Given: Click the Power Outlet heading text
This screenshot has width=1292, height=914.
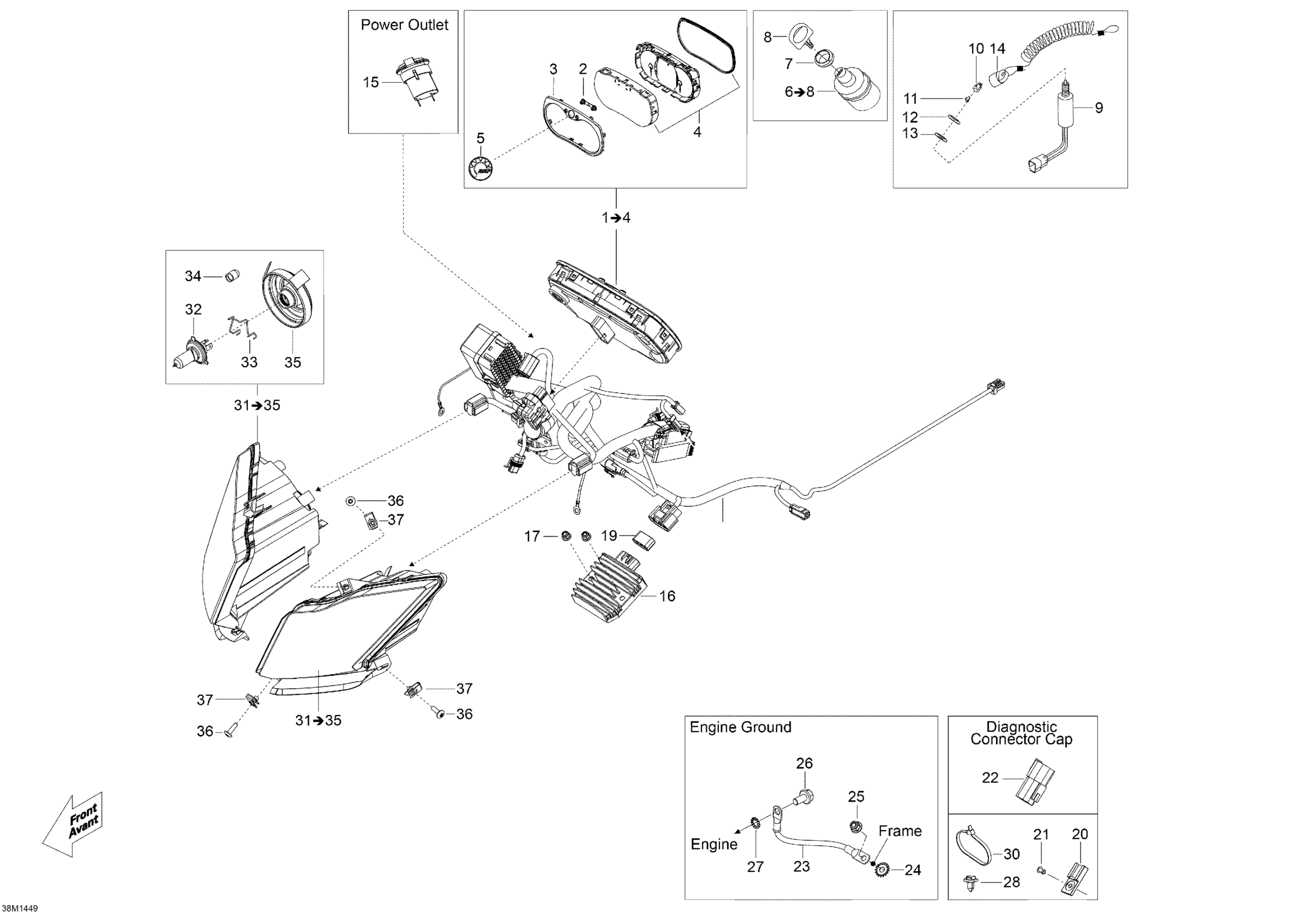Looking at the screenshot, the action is pyautogui.click(x=404, y=25).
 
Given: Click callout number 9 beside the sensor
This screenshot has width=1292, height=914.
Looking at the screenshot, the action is pyautogui.click(x=1099, y=108).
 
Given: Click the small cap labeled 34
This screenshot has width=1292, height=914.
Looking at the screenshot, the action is pyautogui.click(x=232, y=276).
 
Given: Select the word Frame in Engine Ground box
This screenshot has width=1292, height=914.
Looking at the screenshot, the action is pyautogui.click(x=900, y=831).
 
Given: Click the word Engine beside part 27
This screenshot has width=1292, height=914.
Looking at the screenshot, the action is pyautogui.click(x=714, y=844).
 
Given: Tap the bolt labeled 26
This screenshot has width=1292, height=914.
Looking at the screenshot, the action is pyautogui.click(x=804, y=796).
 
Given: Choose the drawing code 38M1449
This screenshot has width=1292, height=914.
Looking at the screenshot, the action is pyautogui.click(x=20, y=908).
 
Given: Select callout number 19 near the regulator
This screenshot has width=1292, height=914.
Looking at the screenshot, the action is pyautogui.click(x=609, y=536).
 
